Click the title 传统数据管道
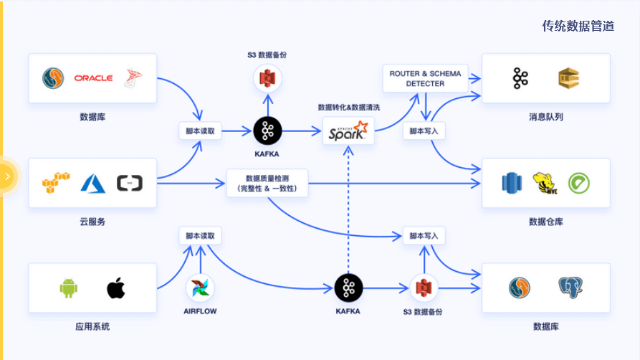[x=578, y=27]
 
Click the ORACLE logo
[x=93, y=77]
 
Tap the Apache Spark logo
[x=348, y=131]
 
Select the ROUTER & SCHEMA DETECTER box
[x=426, y=78]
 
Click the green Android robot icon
[x=68, y=288]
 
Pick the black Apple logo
[x=116, y=288]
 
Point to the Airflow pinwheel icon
[x=199, y=288]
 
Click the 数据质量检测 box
[x=267, y=184]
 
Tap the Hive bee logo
[x=545, y=183]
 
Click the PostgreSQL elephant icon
[x=571, y=288]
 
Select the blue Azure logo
[x=93, y=184]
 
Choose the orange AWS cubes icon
[x=56, y=184]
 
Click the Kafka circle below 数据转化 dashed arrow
[x=348, y=288]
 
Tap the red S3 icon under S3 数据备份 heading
[x=268, y=78]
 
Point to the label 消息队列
[x=545, y=117]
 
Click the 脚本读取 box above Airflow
[x=200, y=235]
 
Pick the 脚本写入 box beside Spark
[x=424, y=131]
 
